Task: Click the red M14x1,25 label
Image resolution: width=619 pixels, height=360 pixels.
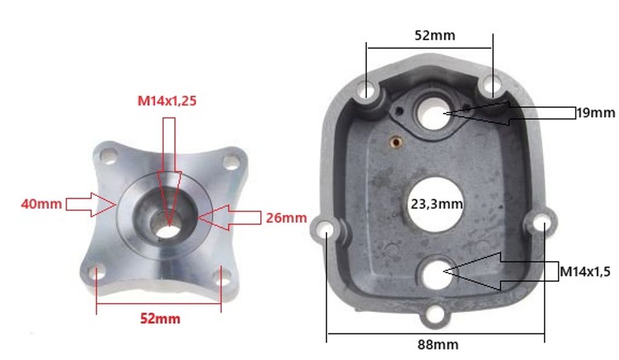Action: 167,101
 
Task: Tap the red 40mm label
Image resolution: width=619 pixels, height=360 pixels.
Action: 42,204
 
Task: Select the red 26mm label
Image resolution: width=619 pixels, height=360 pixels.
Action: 286,217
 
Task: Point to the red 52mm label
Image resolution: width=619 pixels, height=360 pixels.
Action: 160,318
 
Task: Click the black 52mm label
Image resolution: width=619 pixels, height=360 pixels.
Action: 435,36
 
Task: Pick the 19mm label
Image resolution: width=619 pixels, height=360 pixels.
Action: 595,113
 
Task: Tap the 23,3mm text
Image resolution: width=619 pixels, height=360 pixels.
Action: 436,204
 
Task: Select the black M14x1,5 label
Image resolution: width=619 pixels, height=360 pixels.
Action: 585,271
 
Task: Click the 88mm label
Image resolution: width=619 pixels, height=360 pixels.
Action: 438,345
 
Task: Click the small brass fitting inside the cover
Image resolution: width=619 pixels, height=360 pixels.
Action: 396,141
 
